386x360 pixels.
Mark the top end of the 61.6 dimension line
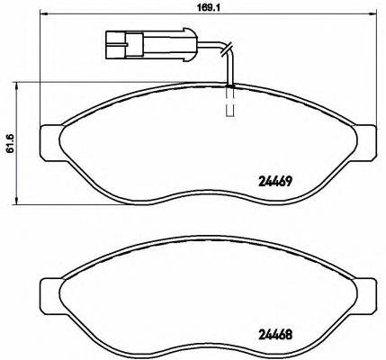tap(22, 82)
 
